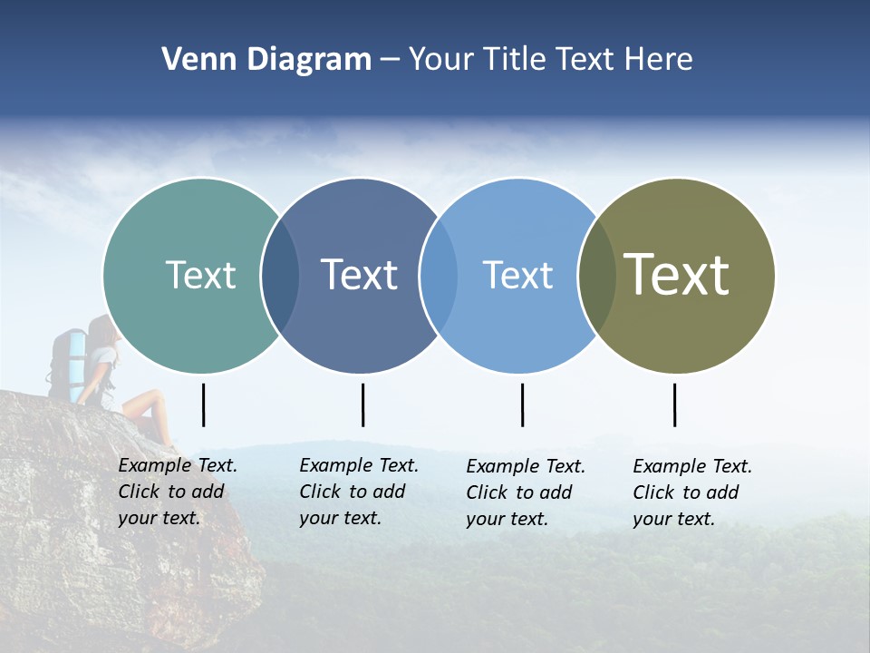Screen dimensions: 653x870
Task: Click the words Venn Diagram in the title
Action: (x=266, y=60)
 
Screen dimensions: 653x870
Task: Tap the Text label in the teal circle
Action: (x=200, y=275)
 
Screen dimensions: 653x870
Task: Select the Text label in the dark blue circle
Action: (x=359, y=275)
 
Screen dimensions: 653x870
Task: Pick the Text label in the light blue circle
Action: (x=517, y=275)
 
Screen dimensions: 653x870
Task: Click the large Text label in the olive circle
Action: (x=676, y=275)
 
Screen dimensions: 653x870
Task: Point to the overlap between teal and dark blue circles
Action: (x=280, y=276)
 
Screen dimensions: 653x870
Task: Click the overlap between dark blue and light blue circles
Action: (x=439, y=276)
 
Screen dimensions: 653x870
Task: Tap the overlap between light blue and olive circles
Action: (x=596, y=276)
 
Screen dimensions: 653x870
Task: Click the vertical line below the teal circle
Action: (x=204, y=404)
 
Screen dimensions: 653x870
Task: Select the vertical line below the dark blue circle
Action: (x=362, y=404)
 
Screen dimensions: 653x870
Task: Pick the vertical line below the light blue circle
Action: (x=522, y=404)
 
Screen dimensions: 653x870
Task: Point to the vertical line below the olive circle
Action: (x=674, y=404)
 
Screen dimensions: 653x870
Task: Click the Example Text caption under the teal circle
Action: (x=177, y=492)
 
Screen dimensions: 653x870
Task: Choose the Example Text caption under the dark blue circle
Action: (x=358, y=492)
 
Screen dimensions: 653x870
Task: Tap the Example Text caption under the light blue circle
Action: (x=525, y=492)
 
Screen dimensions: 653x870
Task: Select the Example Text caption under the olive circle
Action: (x=691, y=492)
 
